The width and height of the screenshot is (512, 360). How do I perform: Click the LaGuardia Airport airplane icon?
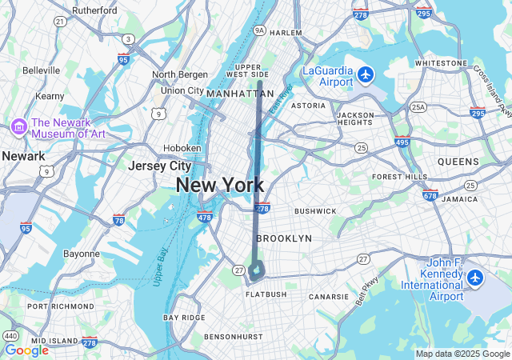click(366, 74)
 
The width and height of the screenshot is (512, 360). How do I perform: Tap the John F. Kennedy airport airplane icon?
click(476, 278)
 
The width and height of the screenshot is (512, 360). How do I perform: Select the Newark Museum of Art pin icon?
click(18, 126)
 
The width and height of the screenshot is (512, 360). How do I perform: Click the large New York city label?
click(219, 186)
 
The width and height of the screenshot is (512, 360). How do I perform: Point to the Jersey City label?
click(160, 166)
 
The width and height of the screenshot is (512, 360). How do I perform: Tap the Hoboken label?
click(182, 148)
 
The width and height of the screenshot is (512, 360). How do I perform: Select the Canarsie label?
click(330, 297)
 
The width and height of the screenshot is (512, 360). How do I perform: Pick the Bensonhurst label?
click(234, 337)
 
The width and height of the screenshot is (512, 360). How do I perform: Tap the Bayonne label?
click(82, 254)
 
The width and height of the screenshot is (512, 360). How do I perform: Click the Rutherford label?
click(95, 10)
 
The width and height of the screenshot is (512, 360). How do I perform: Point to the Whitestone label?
click(441, 62)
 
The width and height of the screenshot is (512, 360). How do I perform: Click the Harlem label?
click(286, 33)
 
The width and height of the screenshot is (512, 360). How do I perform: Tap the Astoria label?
click(308, 106)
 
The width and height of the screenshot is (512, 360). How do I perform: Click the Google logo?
click(26, 350)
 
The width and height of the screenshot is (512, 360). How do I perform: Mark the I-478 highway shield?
click(204, 217)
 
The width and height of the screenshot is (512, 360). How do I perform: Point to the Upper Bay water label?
click(158, 267)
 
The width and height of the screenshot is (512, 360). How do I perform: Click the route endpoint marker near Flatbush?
click(256, 270)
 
